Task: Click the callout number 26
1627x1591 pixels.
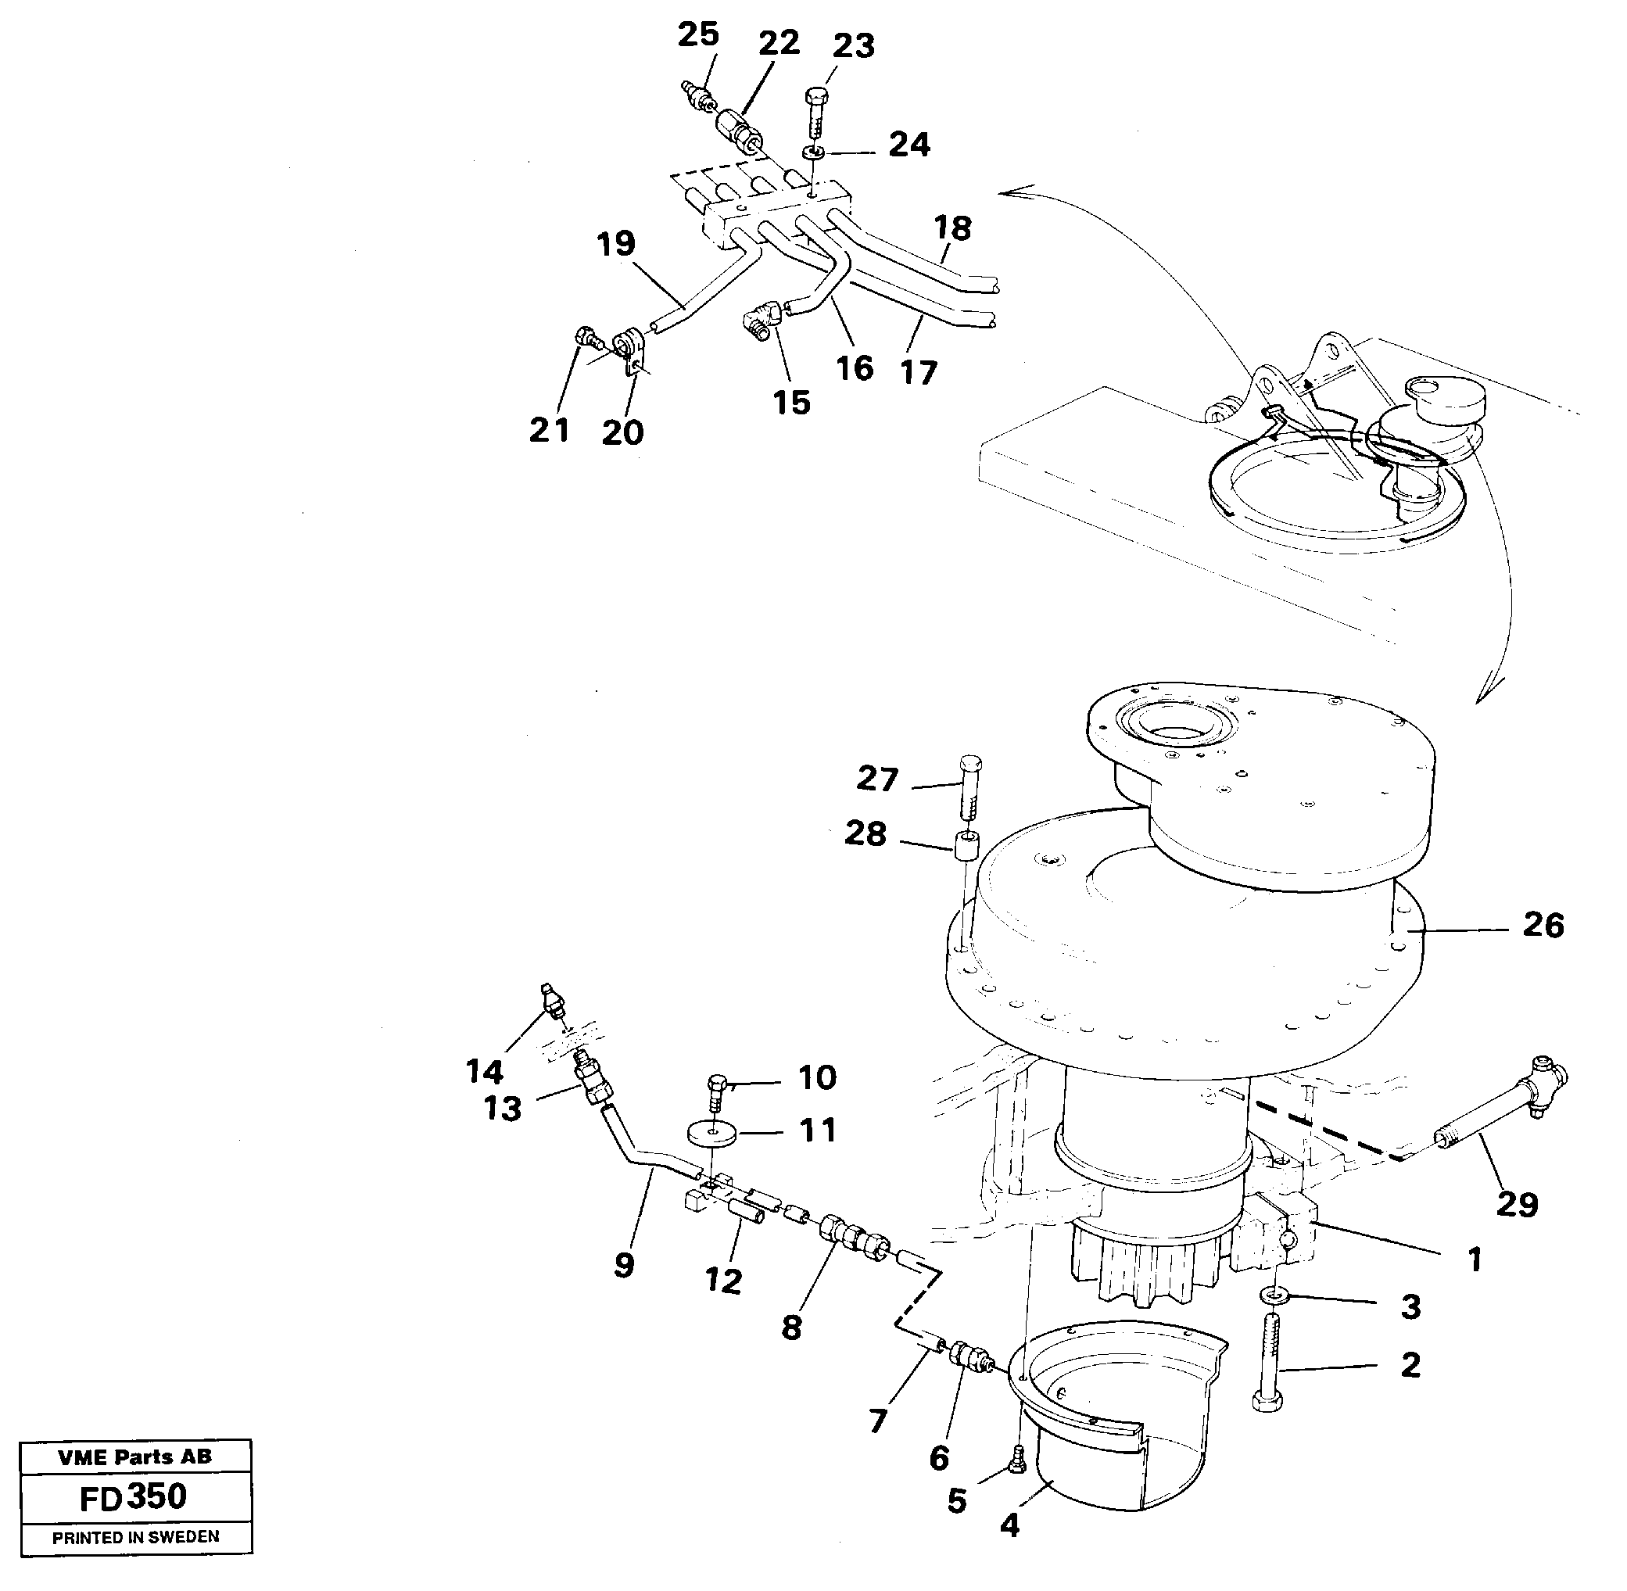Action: point(1543,925)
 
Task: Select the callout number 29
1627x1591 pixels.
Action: point(1517,1204)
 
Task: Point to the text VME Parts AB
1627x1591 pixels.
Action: point(134,1457)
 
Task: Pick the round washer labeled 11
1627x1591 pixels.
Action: point(712,1134)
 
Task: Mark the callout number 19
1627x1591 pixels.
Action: point(616,244)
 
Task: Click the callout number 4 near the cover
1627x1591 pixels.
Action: point(1009,1526)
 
